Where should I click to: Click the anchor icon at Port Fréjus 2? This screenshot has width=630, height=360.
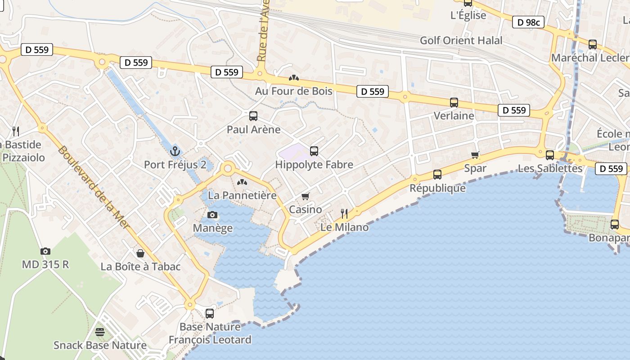tap(175, 151)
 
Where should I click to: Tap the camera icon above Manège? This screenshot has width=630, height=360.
tap(212, 215)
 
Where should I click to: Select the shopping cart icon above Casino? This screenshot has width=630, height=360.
tap(306, 196)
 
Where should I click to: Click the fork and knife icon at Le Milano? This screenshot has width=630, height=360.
tap(344, 213)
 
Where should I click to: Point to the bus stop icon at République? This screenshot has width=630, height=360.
tap(437, 174)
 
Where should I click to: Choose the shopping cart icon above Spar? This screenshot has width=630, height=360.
tap(475, 155)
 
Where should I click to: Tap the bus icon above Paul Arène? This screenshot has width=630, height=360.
tap(253, 116)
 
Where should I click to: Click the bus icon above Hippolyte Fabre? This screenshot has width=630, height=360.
tap(314, 151)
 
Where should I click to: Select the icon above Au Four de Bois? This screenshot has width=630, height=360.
tap(294, 78)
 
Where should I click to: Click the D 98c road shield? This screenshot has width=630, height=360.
tap(528, 22)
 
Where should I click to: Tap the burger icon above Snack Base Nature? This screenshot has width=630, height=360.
tap(100, 332)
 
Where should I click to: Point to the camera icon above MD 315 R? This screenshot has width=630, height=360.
tap(45, 251)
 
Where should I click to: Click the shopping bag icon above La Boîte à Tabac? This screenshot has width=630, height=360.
tap(140, 253)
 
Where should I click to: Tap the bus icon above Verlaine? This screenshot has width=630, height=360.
tap(454, 103)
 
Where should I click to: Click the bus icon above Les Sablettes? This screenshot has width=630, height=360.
tap(549, 155)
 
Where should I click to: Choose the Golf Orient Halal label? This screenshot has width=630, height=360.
tap(461, 40)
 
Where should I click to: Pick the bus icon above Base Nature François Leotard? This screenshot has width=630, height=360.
tap(210, 314)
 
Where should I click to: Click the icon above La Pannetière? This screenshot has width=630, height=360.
tap(242, 182)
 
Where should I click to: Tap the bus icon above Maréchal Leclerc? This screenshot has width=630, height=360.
tap(593, 45)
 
